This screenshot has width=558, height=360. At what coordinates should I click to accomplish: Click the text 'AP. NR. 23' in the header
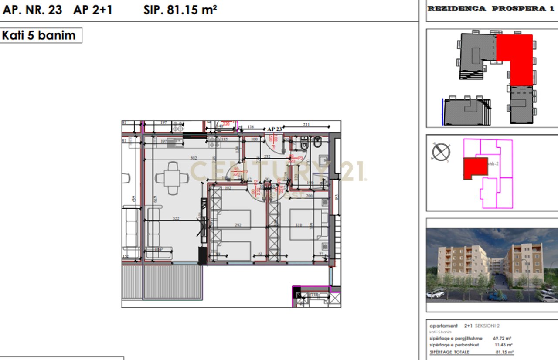click(x=33, y=10)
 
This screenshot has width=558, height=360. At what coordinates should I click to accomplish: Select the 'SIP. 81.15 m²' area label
click(x=180, y=10)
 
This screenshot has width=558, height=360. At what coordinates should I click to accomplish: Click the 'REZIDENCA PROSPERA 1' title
click(x=487, y=9)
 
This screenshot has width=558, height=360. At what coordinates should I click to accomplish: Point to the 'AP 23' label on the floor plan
click(x=274, y=129)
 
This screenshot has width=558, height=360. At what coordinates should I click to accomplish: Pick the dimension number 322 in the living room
click(x=176, y=219)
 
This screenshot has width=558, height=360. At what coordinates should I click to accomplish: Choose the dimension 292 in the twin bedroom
click(x=238, y=225)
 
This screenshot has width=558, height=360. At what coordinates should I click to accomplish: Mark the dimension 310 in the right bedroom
click(x=298, y=225)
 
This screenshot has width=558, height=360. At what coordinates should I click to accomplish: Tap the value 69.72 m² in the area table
click(x=502, y=338)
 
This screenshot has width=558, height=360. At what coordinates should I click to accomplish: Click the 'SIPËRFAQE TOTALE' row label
click(x=449, y=352)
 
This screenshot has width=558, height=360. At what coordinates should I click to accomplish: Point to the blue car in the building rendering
click(x=497, y=296)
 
